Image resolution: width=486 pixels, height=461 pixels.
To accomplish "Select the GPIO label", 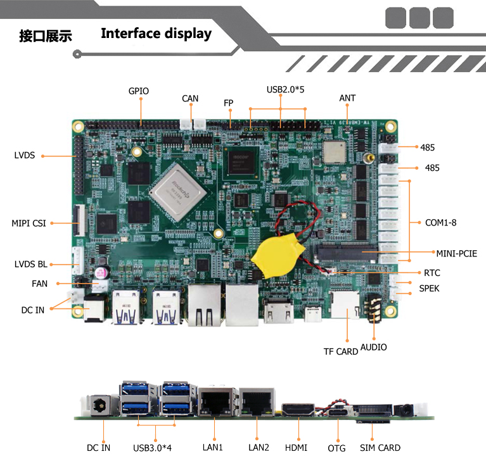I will point(138,91).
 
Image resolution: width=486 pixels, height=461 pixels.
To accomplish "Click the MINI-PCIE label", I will point(456,254).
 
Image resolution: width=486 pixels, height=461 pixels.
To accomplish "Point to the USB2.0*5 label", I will point(285,89).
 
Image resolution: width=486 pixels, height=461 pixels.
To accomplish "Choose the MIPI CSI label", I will point(29,223).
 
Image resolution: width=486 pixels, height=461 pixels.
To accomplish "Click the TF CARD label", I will point(341,351).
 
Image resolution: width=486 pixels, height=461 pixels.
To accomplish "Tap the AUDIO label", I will point(373,347).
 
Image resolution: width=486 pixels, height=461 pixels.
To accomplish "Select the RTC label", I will point(432,273).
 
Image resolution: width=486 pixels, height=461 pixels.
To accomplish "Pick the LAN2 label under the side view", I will point(259,448).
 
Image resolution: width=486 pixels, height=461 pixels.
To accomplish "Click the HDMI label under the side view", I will point(296,448).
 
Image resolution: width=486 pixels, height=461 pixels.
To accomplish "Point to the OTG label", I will point(336,448).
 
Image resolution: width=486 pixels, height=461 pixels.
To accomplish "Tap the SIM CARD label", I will point(380,448).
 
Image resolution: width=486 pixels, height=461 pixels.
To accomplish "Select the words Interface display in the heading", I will point(156,34).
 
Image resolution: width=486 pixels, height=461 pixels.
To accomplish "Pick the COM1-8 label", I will point(441,222).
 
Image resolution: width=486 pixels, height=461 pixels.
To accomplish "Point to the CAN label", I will point(190,98).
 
